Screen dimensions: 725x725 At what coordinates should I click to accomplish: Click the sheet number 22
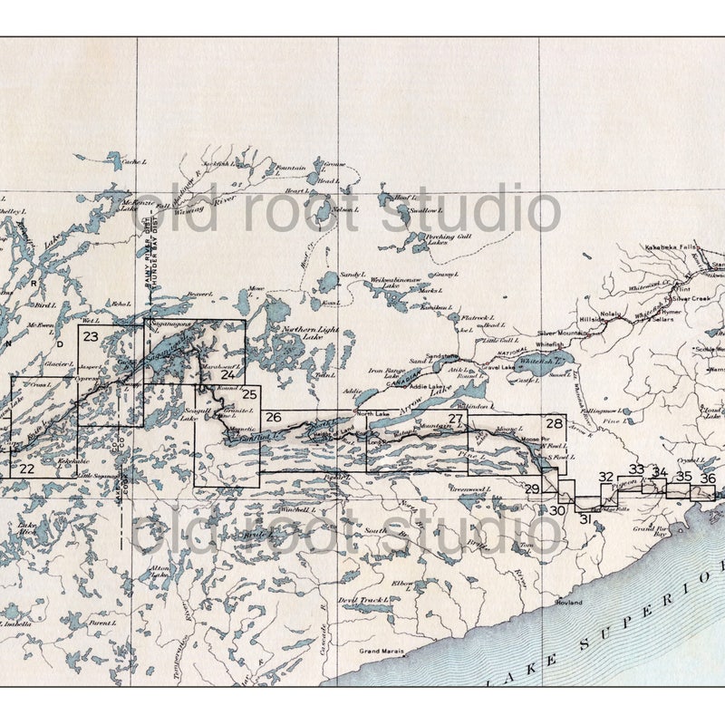[x=26, y=468]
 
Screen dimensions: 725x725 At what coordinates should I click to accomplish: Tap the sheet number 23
[x=90, y=336]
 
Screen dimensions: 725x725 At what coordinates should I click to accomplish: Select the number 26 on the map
[x=274, y=417]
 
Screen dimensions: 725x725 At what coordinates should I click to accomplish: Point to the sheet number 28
[x=554, y=423]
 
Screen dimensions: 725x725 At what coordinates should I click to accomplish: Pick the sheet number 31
[x=585, y=518]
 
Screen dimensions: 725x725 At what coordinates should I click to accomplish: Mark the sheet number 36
[x=708, y=478]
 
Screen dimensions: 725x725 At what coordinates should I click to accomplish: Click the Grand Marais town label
[x=380, y=651]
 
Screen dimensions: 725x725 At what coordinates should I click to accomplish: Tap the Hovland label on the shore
[x=569, y=602]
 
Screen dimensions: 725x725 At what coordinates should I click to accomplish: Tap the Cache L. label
[x=133, y=161]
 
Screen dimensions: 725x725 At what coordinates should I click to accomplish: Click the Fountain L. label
[x=291, y=169]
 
